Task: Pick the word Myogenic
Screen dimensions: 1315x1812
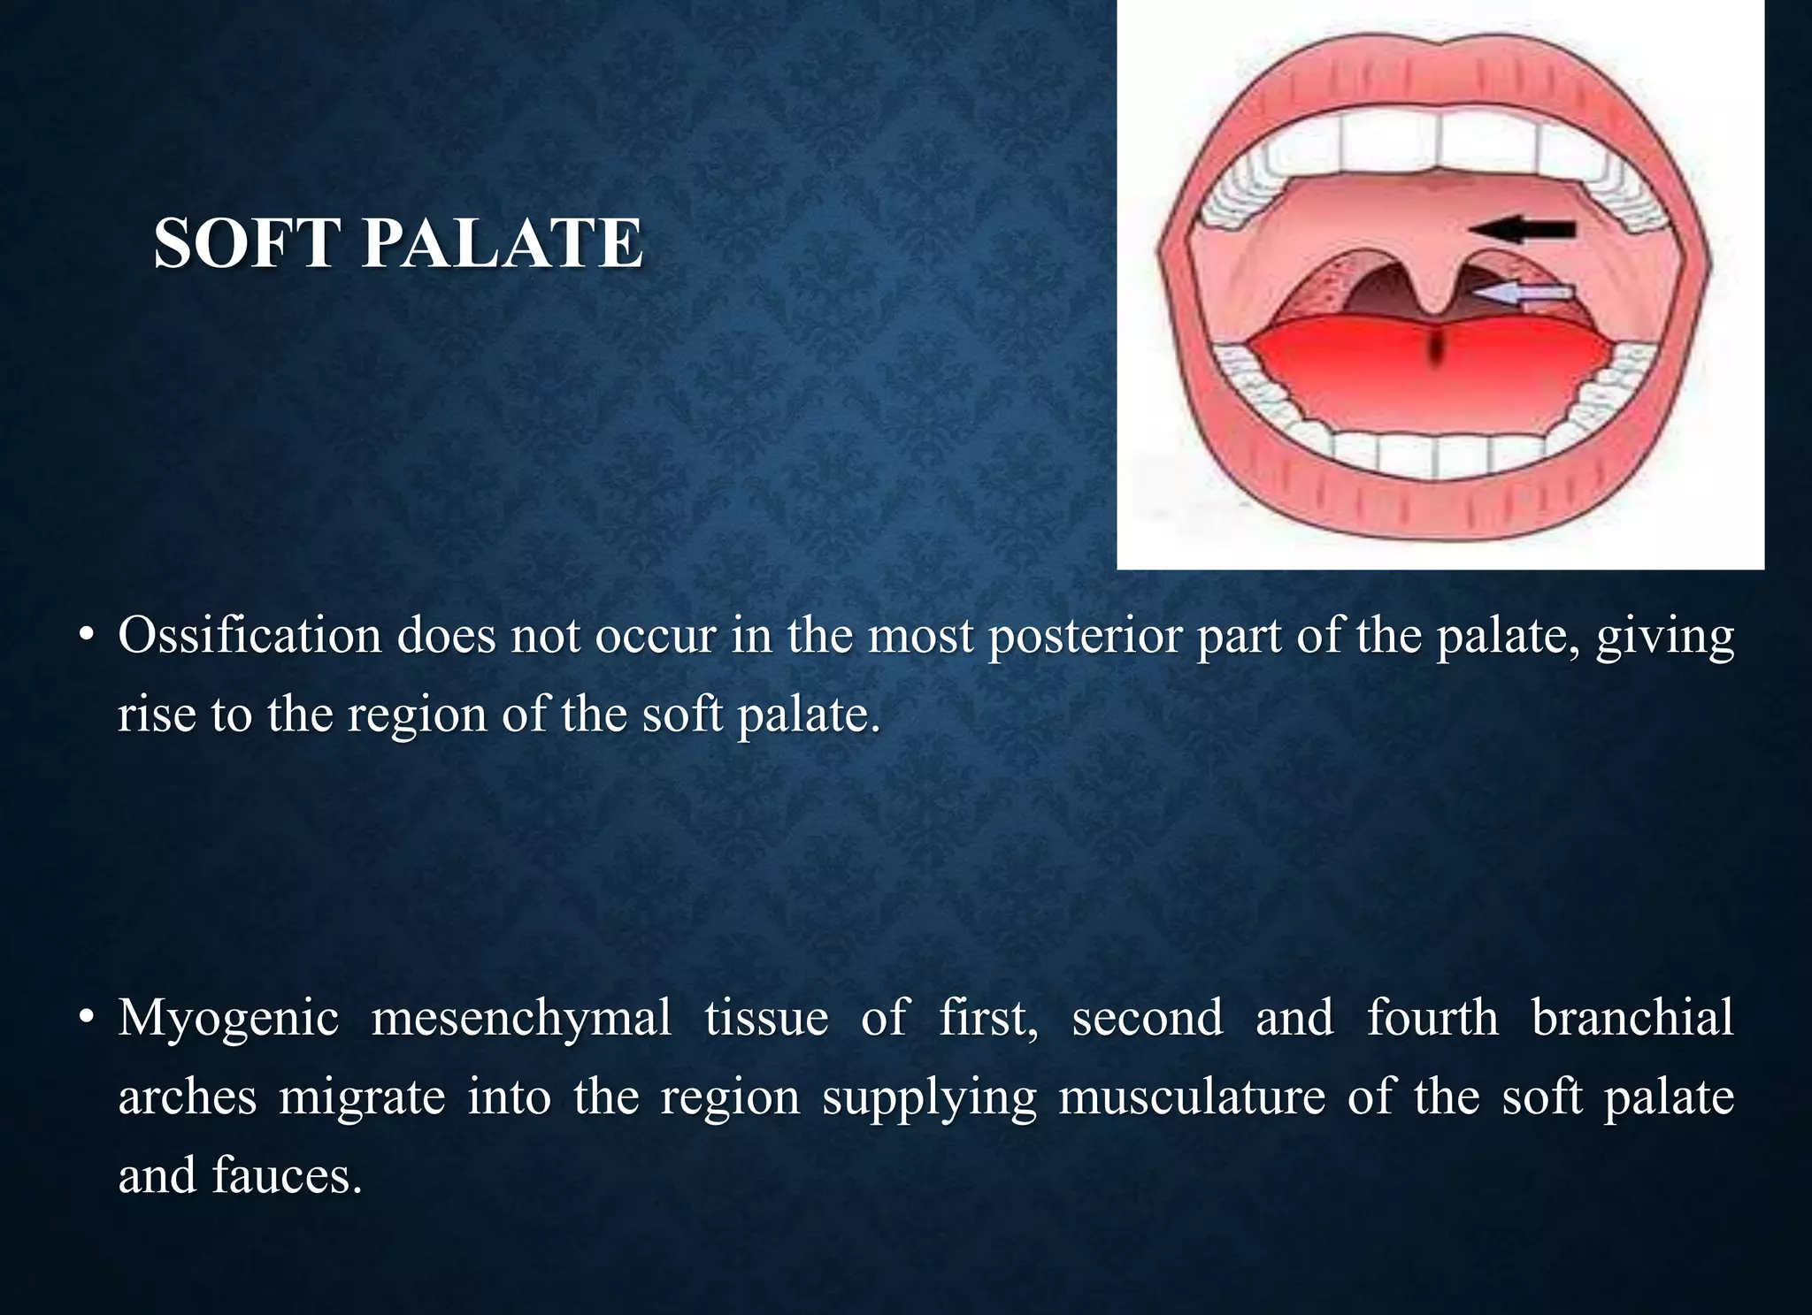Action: tap(228, 1019)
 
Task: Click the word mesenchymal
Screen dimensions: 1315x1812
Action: tap(521, 1017)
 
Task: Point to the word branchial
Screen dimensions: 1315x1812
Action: tap(1632, 1017)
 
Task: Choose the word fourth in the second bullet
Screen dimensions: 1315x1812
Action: tap(1432, 1017)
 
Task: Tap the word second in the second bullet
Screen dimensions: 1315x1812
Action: tap(1148, 1017)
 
